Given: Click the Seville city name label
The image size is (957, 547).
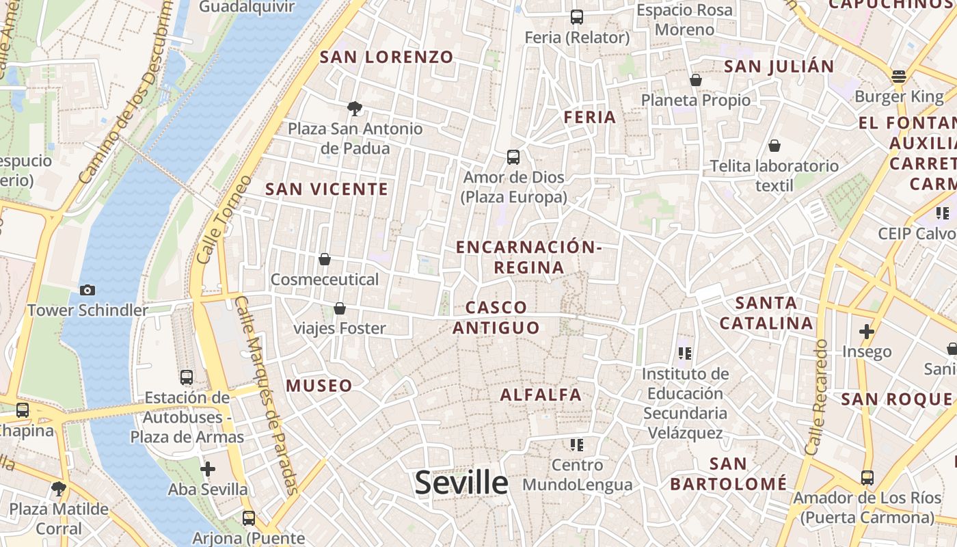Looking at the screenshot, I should (461, 483).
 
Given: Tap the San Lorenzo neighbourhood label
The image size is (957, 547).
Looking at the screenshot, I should (386, 57).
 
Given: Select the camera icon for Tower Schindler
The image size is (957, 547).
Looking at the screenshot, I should (87, 290).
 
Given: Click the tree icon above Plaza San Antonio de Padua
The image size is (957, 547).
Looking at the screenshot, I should (354, 108).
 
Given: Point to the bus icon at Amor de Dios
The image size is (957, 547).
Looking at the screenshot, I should (513, 157).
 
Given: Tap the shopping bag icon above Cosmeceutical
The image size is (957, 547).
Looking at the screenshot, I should (325, 259).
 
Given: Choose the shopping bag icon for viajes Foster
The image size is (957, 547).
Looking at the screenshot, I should (340, 308).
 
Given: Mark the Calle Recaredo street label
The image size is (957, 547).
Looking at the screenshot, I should (817, 397).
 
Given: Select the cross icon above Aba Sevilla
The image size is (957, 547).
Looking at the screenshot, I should (208, 469).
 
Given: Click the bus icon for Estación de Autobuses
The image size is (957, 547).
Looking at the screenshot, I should (186, 377).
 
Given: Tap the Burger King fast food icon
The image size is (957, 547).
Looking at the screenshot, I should (898, 76).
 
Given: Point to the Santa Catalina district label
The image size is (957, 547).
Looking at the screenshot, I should (766, 313).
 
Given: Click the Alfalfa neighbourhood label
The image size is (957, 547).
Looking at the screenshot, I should (541, 395).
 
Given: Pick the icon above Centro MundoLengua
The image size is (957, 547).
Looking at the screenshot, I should (577, 445).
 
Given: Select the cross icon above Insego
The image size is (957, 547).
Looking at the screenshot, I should (867, 332).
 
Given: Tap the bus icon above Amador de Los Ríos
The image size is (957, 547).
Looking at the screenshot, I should (867, 477).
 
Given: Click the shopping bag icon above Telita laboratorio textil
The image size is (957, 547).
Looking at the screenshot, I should (774, 146).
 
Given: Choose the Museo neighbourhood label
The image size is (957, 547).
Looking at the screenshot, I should (319, 386).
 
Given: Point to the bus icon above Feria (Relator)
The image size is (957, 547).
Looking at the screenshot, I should (577, 17).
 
